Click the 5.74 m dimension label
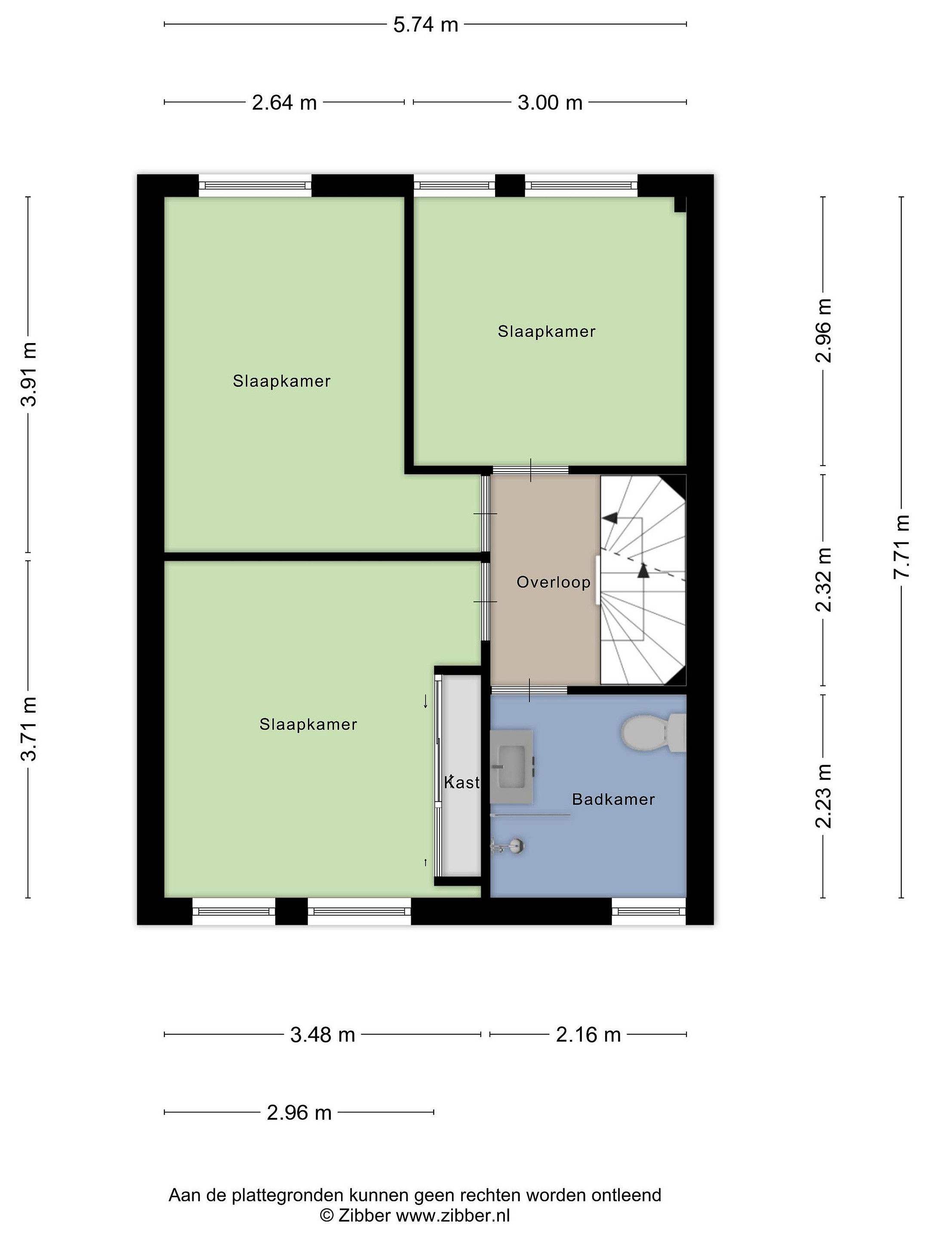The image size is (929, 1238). tap(426, 25)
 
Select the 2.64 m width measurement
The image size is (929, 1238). tap(284, 102)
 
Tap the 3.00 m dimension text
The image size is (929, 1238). tap(550, 102)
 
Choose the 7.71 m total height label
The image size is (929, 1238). tap(901, 547)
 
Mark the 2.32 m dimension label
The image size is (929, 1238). tap(823, 580)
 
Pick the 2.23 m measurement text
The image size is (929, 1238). tap(823, 796)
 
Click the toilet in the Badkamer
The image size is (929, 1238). tap(653, 732)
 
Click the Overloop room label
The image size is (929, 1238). tap(553, 582)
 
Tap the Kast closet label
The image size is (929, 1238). tap(462, 782)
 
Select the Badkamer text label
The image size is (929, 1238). tap(613, 799)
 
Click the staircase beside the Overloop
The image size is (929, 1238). tap(643, 579)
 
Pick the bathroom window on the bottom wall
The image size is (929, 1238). tap(649, 912)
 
